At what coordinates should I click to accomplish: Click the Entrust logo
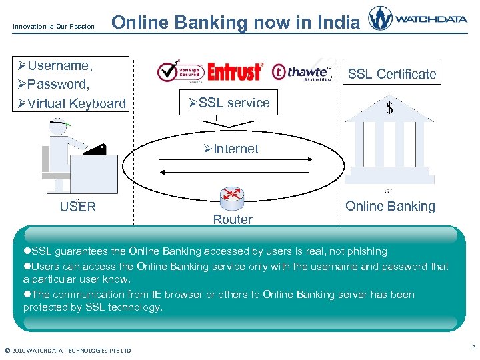(x=235, y=71)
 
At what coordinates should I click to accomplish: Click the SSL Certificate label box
(x=392, y=74)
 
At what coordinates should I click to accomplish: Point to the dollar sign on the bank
(x=389, y=108)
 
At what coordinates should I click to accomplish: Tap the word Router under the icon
(x=233, y=219)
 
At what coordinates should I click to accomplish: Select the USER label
(x=78, y=207)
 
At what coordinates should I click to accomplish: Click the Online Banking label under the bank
(x=390, y=206)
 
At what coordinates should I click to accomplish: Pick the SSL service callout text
(x=229, y=103)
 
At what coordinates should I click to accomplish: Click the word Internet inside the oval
(x=231, y=149)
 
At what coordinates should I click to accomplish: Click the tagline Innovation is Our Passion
(x=53, y=27)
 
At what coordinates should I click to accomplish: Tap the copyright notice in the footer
(x=68, y=351)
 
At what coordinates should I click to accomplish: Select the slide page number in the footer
(x=473, y=347)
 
